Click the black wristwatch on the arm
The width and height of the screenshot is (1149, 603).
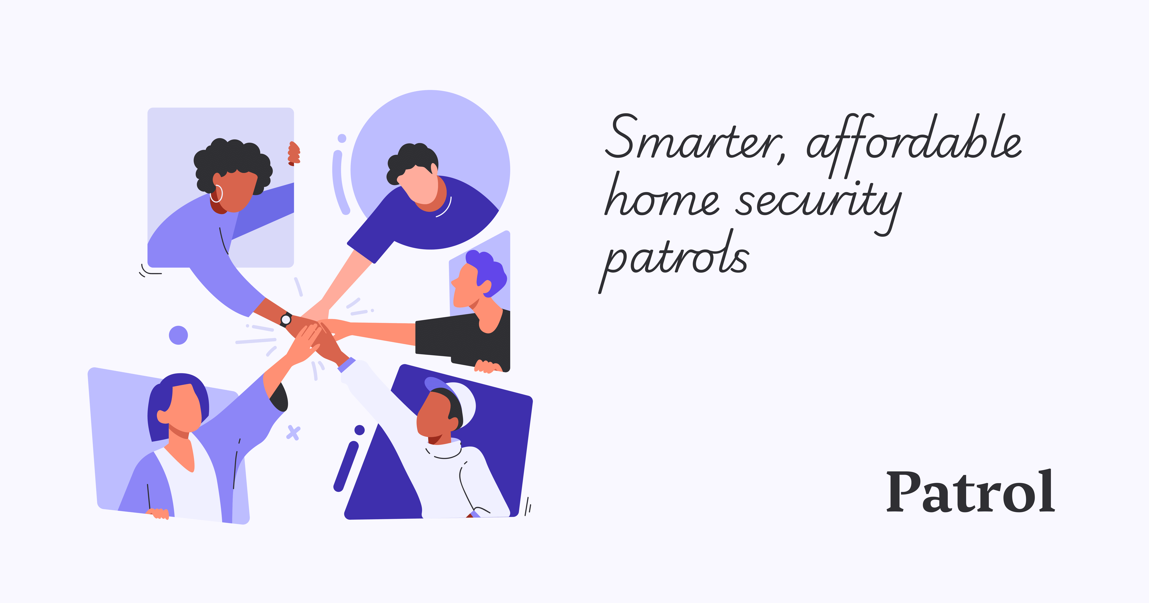[286, 319]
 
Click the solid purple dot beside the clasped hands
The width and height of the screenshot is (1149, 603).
[178, 335]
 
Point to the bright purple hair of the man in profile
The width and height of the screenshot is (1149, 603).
[488, 268]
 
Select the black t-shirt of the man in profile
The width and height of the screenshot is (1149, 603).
[464, 339]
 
